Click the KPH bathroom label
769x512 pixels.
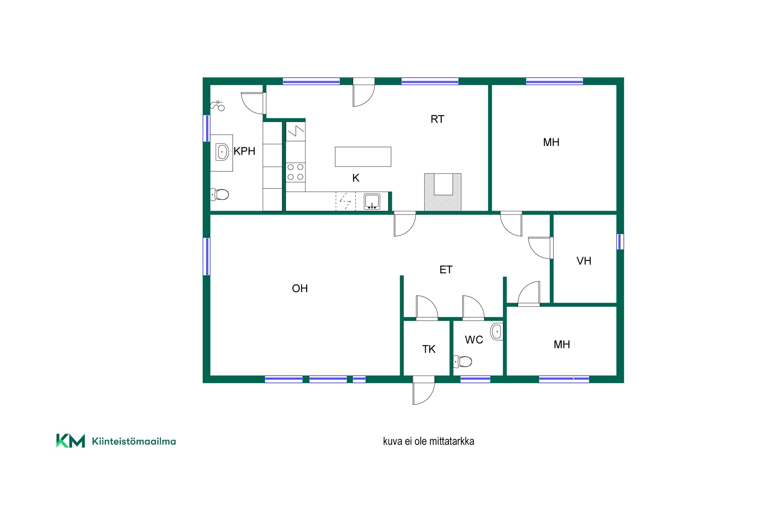[x=244, y=151]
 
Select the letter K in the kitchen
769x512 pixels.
[x=356, y=178]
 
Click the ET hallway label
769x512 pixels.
[x=446, y=270]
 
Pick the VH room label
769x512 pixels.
[x=584, y=261]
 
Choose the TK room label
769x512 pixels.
[x=429, y=349]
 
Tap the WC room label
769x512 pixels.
[x=474, y=340]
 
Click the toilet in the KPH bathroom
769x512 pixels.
[x=219, y=195]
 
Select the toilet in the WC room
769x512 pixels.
[x=462, y=361]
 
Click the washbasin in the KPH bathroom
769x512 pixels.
[x=222, y=152]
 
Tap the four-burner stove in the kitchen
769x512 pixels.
[x=296, y=172]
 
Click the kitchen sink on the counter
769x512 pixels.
[x=372, y=201]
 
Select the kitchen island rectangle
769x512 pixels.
[x=363, y=157]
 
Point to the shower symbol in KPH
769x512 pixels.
[x=218, y=105]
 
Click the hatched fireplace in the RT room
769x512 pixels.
[x=443, y=192]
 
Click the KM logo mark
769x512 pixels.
[x=71, y=441]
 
